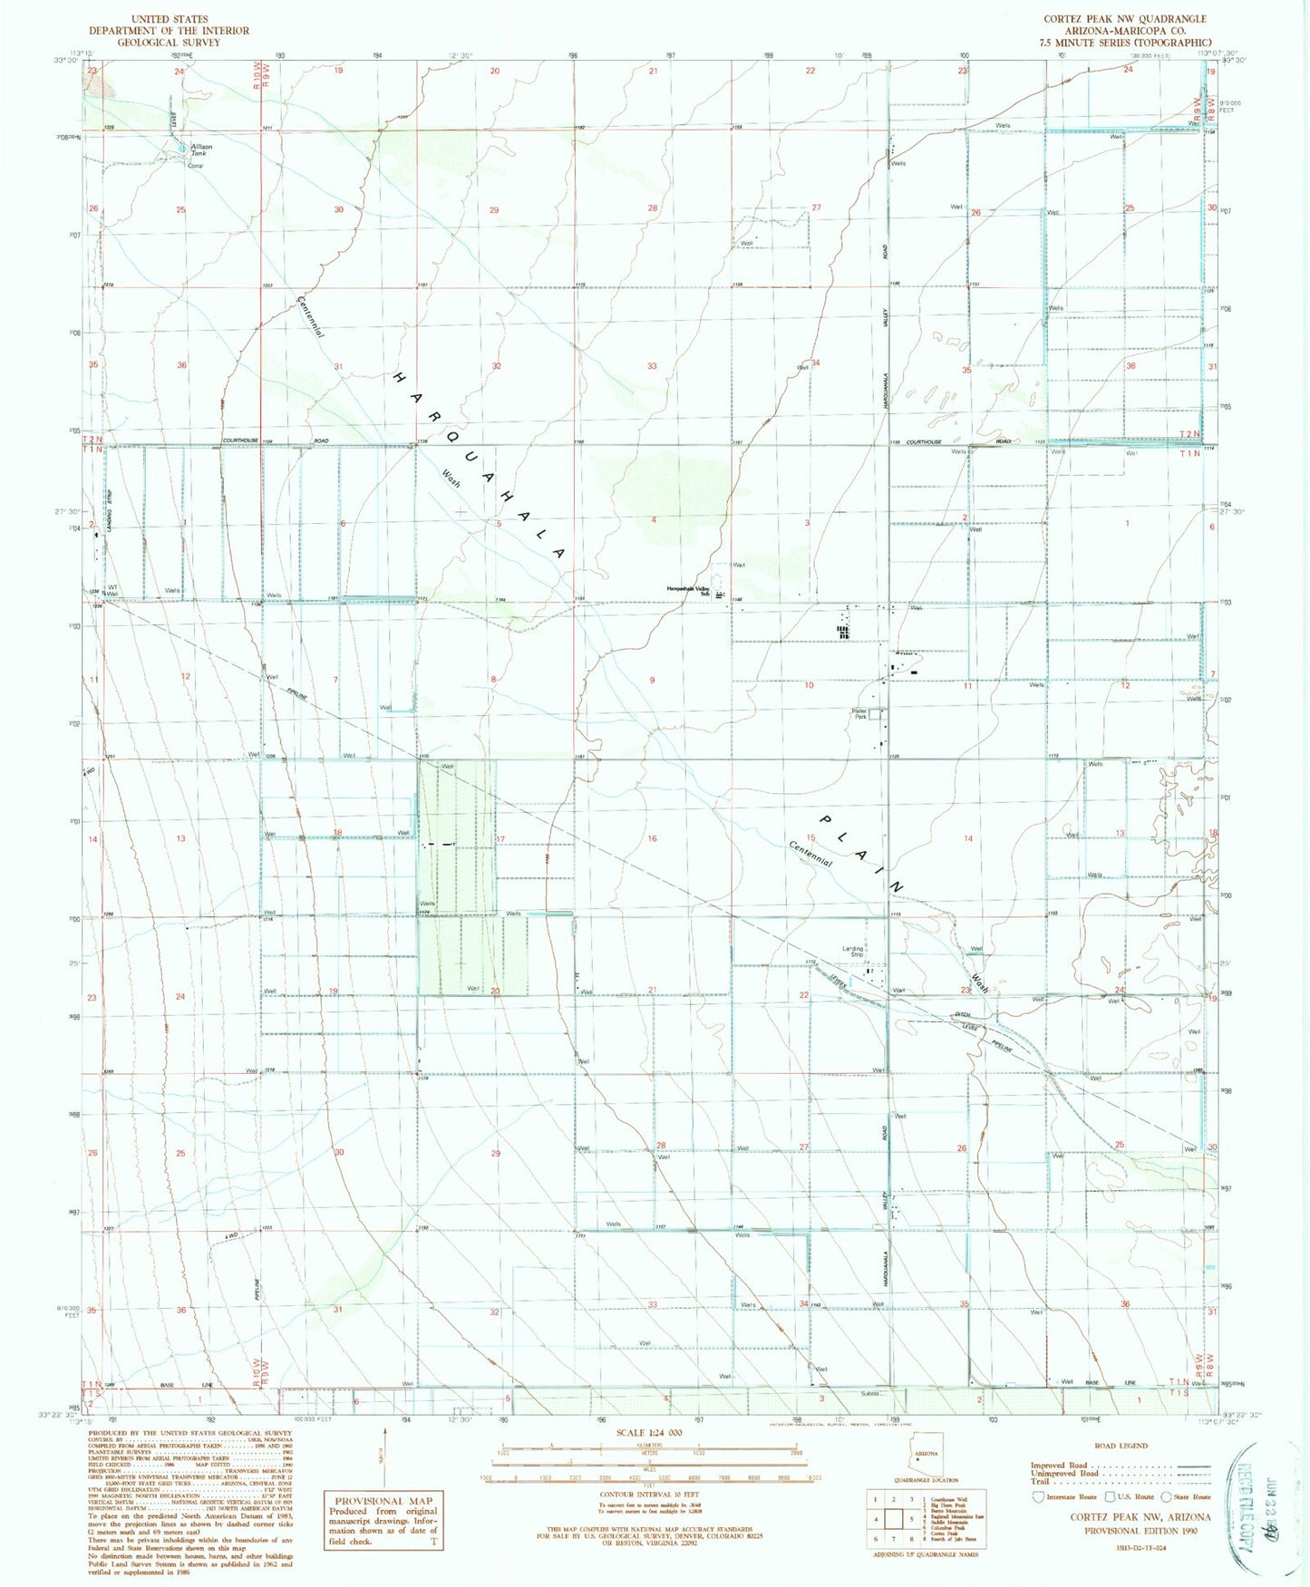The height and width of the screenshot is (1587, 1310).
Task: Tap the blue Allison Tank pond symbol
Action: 182,147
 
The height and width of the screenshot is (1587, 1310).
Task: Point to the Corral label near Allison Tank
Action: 194,166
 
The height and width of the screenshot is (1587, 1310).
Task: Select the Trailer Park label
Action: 859,713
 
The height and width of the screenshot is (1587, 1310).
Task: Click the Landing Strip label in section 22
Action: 853,952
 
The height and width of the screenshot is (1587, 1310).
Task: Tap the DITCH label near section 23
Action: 962,1014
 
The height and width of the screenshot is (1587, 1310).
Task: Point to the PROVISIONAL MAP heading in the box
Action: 383,1500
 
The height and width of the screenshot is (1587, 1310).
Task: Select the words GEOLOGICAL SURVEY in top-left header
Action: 169,43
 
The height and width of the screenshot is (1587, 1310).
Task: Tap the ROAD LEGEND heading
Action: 1121,1447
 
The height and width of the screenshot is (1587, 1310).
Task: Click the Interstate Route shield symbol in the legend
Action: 1037,1496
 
